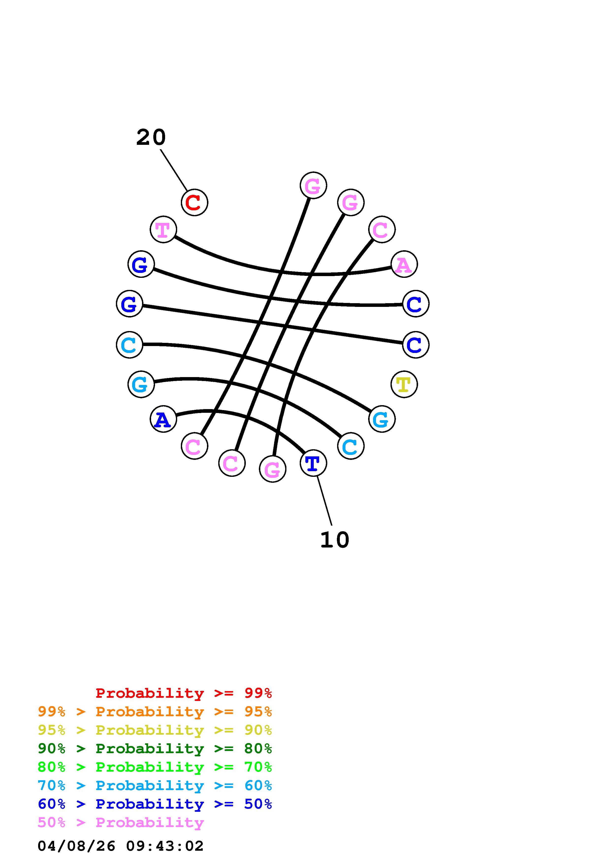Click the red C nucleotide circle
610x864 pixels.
point(194,202)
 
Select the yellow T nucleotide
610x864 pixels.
point(404,384)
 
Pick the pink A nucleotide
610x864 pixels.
point(404,264)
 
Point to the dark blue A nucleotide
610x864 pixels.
point(163,419)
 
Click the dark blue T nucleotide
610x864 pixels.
point(313,463)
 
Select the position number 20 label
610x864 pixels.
point(151,137)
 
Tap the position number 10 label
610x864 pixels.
point(334,540)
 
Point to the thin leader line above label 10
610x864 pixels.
point(324,500)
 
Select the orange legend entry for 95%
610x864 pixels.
point(155,712)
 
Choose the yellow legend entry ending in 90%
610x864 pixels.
point(155,730)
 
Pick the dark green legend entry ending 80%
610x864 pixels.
point(155,748)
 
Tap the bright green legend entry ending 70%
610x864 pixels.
point(155,767)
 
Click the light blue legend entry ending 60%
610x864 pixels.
point(155,785)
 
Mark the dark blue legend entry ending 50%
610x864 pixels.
point(155,804)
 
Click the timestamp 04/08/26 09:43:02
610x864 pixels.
point(121,846)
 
